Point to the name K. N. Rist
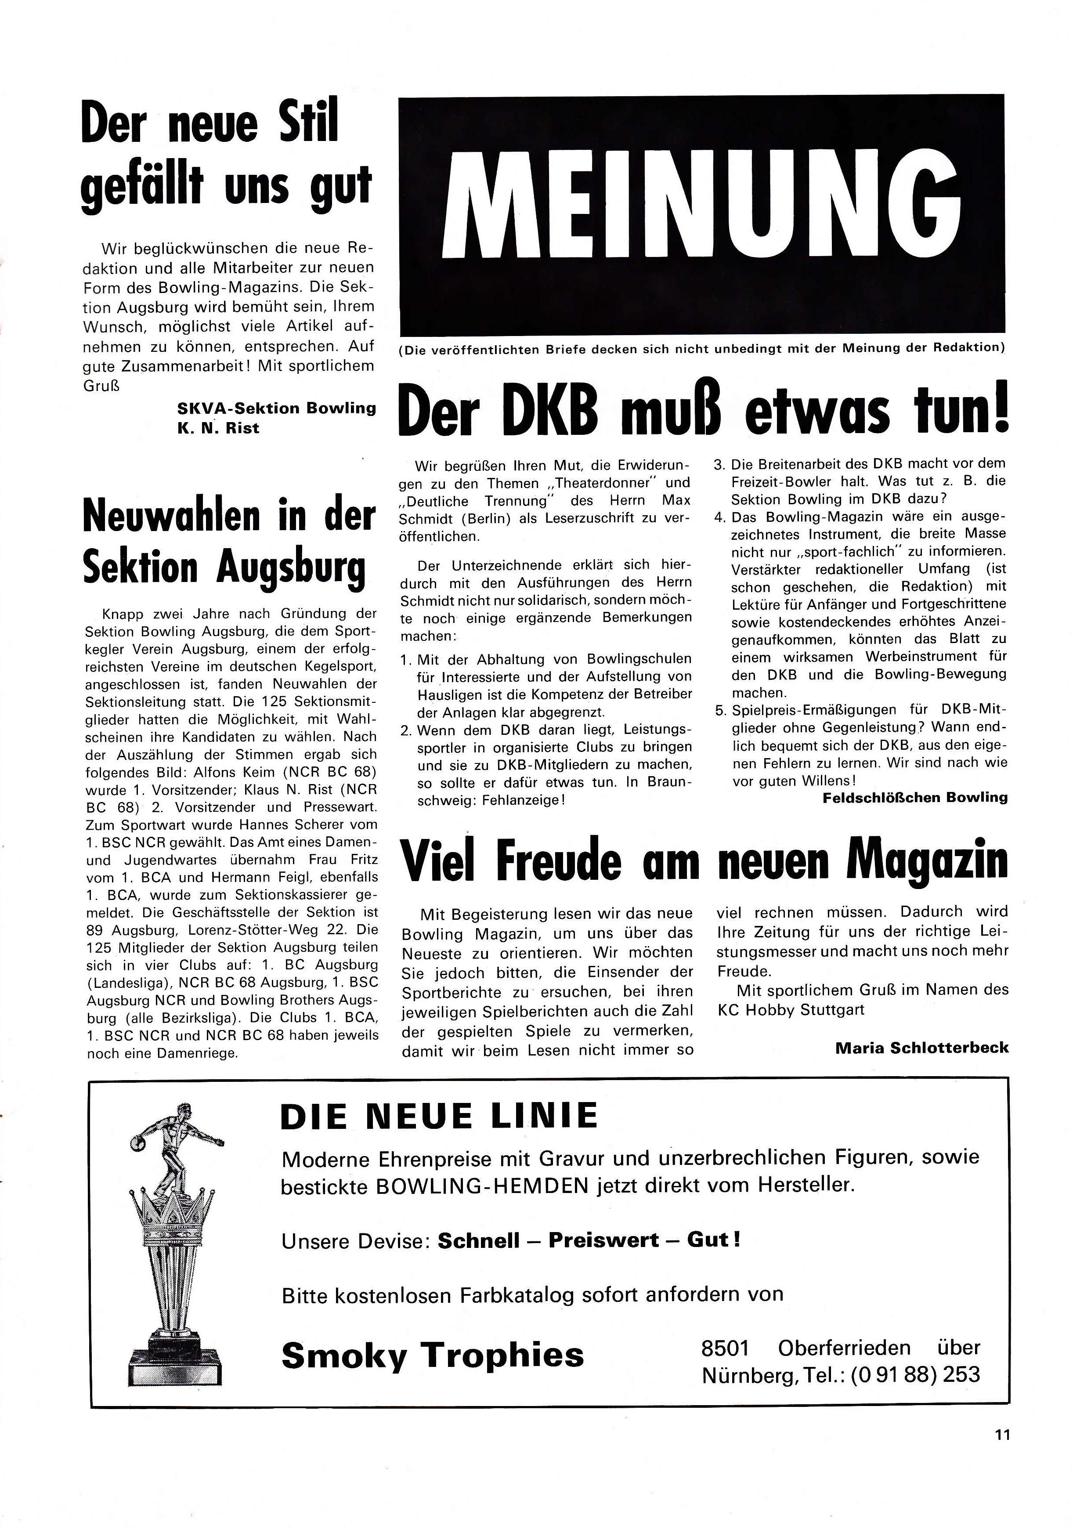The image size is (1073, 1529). tap(218, 428)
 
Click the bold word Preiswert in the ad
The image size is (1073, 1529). tap(603, 1240)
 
